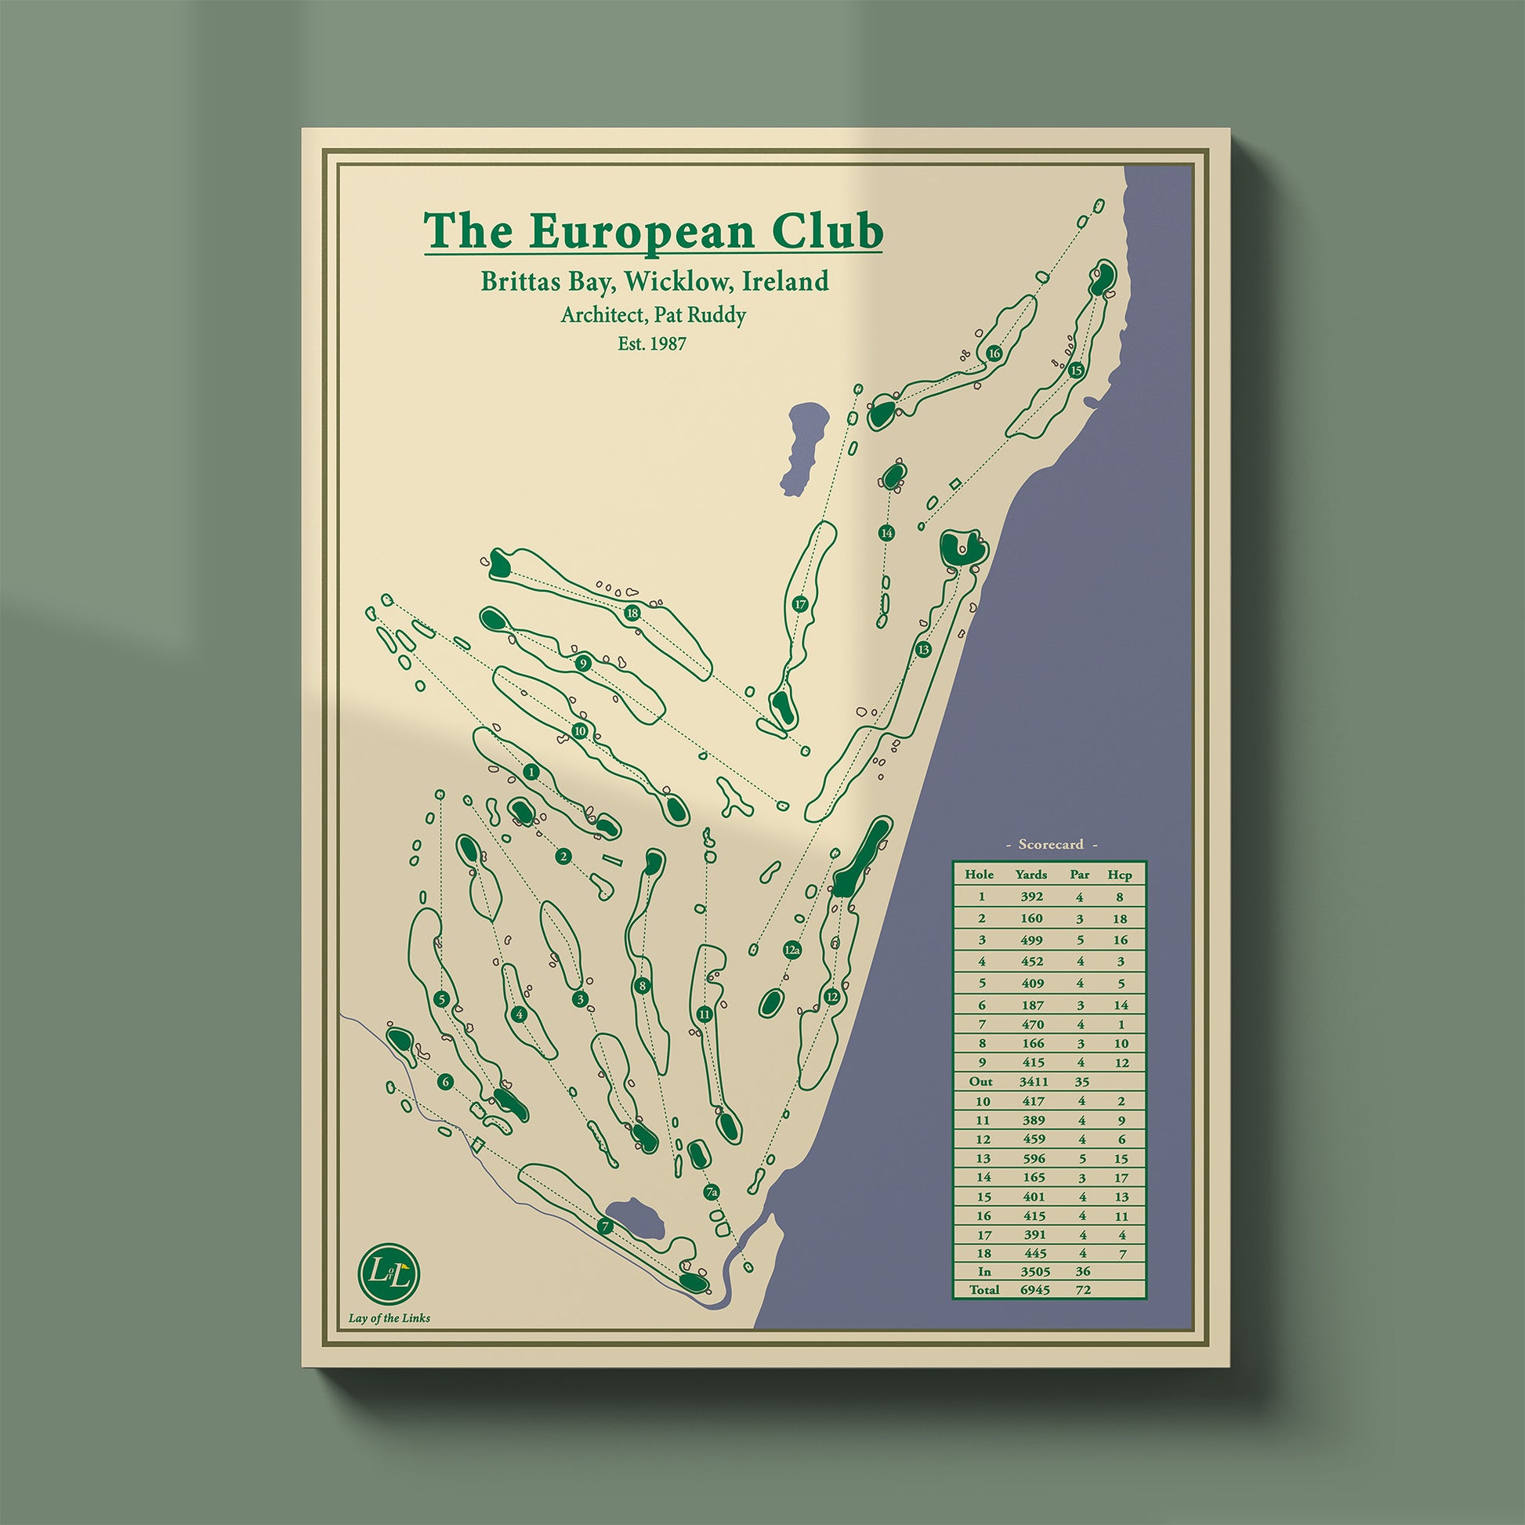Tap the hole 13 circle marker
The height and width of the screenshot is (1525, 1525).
point(923,650)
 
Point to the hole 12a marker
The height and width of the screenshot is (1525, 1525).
point(792,951)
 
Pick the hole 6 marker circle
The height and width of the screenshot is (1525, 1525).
point(446,1082)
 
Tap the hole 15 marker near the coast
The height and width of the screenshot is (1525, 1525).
point(1076,369)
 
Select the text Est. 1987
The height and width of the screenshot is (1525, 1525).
point(652,344)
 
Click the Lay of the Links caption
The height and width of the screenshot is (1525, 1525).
point(389,1317)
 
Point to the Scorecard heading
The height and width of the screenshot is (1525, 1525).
point(1050,845)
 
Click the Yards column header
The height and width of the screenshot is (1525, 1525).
point(1031,875)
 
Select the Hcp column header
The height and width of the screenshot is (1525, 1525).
point(1119,875)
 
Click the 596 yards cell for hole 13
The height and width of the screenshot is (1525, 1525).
point(1032,1160)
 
